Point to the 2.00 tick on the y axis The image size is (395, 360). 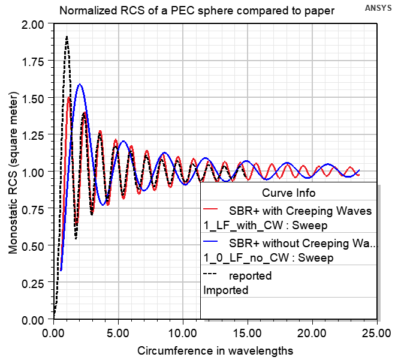click(x=32, y=24)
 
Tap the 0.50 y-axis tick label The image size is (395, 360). click(x=32, y=245)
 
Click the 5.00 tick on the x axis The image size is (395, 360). click(x=119, y=331)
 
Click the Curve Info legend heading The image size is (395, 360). click(x=289, y=193)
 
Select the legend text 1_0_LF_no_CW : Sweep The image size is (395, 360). click(x=269, y=257)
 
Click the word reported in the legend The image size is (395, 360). click(x=251, y=276)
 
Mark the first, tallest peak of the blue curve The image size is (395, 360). click(x=79, y=85)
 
